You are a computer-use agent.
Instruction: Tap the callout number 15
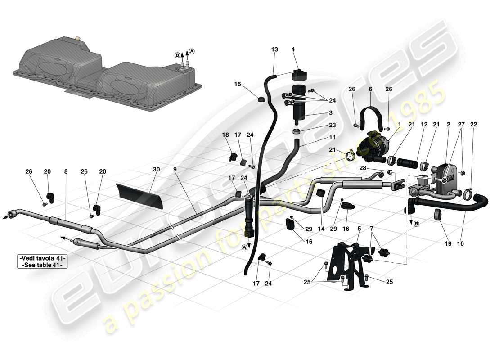click(x=238, y=84)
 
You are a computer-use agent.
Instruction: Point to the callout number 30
click(x=156, y=169)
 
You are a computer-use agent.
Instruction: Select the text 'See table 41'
click(x=43, y=265)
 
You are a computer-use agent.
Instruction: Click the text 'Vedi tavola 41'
click(x=43, y=258)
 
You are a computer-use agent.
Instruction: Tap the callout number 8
click(x=66, y=171)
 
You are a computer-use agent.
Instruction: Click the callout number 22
click(x=473, y=124)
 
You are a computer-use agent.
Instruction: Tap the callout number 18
click(x=225, y=135)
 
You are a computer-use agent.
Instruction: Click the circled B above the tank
click(x=177, y=55)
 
